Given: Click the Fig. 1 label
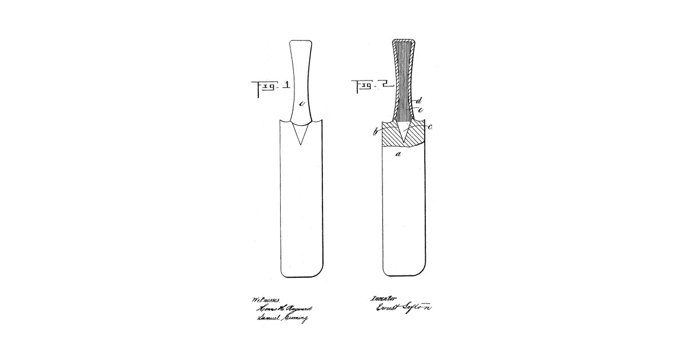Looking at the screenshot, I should (x=270, y=87).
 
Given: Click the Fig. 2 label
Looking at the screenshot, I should (x=373, y=87).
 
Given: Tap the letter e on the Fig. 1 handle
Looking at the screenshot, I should (x=302, y=103).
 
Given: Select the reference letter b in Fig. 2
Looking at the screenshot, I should (x=375, y=133).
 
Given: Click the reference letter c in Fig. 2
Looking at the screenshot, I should (x=429, y=127).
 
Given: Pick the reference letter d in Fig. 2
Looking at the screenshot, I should (x=420, y=101).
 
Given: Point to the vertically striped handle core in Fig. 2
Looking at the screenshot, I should (x=404, y=80).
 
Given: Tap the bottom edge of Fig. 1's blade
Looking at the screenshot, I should (x=302, y=277).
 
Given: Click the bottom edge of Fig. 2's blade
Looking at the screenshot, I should (x=404, y=277).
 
